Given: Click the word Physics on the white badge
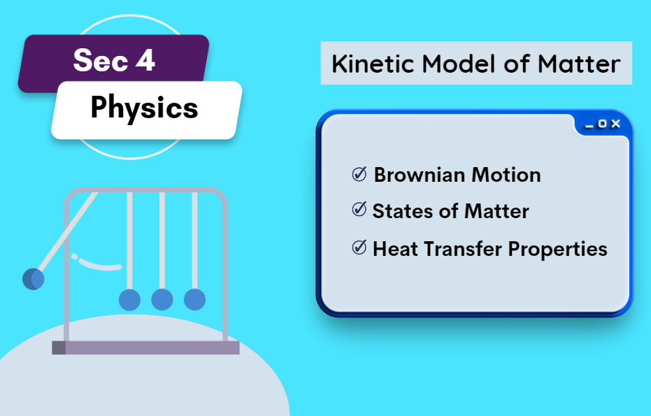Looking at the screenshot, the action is pos(145,108).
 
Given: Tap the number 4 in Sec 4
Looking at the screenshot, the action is pos(145,60).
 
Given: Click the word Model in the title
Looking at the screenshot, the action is pos(459,64).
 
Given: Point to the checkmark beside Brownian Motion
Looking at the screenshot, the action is pos(359,174).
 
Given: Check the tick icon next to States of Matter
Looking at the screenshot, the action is pos(359,209).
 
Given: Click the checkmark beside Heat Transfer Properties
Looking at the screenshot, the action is pos(359,248).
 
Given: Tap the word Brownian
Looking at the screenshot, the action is pos(419,175).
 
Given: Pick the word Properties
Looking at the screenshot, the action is pos(557,250).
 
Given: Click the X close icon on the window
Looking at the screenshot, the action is pos(616,124).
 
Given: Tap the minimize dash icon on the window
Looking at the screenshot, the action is pos(589,127).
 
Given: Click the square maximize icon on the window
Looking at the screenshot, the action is pos(602,124).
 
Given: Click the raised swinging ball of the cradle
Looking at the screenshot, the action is pos(34,279).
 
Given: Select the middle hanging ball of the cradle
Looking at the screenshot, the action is pos(162,300).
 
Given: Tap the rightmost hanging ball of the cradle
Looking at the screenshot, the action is pos(194,300).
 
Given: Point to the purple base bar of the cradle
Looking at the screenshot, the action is pos(145,348).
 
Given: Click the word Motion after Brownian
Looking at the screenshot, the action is pos(506,175).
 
